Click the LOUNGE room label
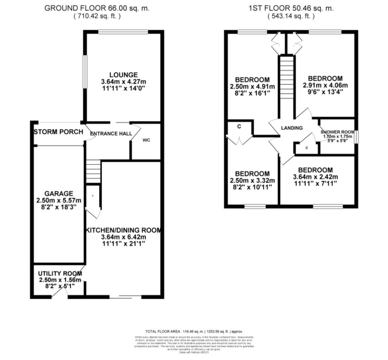click(x=123, y=75)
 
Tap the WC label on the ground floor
click(x=146, y=140)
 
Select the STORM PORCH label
click(x=58, y=132)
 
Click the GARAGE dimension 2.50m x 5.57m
click(x=59, y=200)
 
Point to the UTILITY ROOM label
click(x=60, y=274)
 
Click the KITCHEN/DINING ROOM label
click(x=123, y=230)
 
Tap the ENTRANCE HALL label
click(x=111, y=134)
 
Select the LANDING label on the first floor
click(x=292, y=128)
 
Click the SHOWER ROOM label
click(x=337, y=132)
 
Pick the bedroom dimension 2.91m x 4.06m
click(x=325, y=85)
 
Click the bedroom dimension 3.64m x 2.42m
click(x=315, y=177)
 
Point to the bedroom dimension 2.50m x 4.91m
click(x=252, y=87)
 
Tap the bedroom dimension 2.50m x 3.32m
click(x=252, y=181)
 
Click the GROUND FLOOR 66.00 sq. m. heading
click(x=97, y=8)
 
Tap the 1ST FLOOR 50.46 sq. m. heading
click(x=291, y=8)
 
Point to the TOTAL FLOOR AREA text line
click(x=194, y=332)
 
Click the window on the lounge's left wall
click(x=85, y=72)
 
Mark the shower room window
click(x=356, y=137)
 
